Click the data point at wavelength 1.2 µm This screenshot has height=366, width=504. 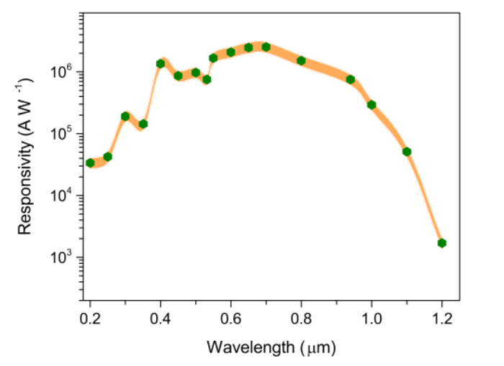point(441,243)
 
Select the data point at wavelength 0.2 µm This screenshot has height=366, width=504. point(90,163)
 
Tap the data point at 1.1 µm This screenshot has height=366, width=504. point(407,152)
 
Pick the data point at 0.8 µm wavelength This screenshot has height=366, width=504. point(301,60)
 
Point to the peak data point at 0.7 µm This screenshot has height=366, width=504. point(266,47)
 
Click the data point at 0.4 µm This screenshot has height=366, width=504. point(161,63)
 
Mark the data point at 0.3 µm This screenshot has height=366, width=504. point(125,116)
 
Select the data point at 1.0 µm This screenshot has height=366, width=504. point(372,105)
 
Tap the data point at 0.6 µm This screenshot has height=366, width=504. point(230,52)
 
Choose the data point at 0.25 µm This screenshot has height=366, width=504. point(108,156)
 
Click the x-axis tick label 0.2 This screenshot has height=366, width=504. point(90,318)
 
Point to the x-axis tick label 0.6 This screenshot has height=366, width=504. point(230,318)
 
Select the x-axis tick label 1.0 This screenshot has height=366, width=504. point(372,318)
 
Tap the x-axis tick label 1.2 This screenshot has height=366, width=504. point(441,318)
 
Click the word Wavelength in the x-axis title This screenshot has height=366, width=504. point(243,347)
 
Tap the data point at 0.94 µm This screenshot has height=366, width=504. point(351,79)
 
